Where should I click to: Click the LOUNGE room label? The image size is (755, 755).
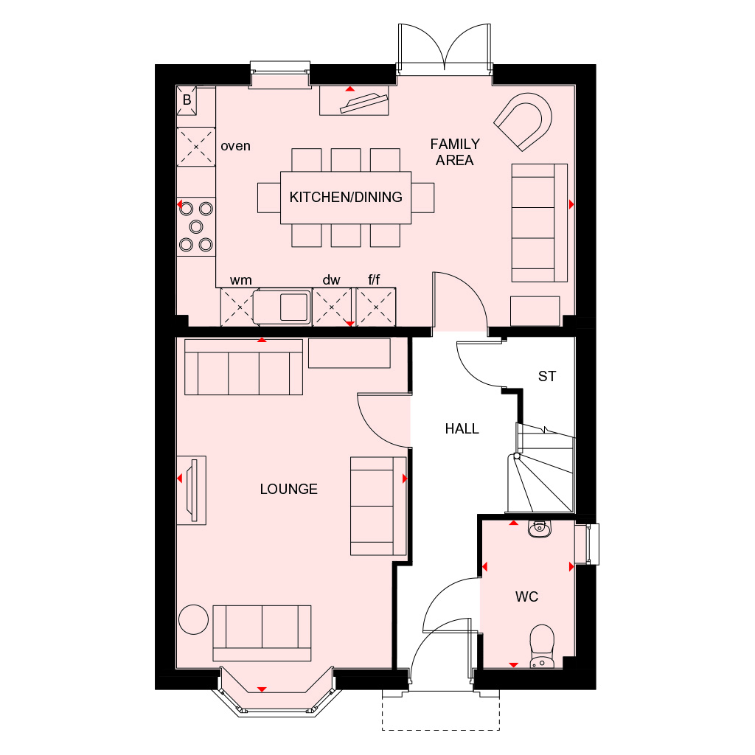click(x=288, y=489)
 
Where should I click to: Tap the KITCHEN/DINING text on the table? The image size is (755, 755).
click(x=346, y=197)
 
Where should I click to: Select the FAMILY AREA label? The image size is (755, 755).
click(x=455, y=152)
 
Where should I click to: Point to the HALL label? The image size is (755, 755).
click(x=462, y=428)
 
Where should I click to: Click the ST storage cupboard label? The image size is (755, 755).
click(x=546, y=377)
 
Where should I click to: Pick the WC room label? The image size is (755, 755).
click(x=527, y=596)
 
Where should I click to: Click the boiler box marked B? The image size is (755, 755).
click(x=187, y=100)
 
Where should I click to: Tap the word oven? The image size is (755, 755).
click(x=236, y=146)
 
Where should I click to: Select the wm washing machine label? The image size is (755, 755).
click(x=240, y=280)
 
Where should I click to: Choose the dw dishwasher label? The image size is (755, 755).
click(x=331, y=280)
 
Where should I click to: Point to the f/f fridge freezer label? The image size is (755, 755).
click(x=375, y=280)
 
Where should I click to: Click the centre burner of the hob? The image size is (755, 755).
click(x=195, y=226)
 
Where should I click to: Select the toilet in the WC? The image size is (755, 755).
click(x=542, y=643)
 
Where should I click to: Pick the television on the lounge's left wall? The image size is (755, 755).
click(x=192, y=490)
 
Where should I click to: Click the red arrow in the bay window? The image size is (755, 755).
click(x=261, y=689)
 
